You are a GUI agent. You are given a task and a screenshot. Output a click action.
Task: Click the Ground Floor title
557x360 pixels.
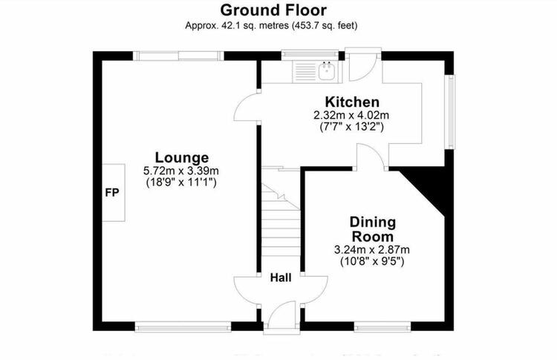click(x=273, y=10)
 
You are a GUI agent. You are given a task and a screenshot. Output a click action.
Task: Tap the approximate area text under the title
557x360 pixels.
click(x=271, y=25)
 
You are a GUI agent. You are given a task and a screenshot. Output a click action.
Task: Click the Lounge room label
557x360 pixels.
click(x=181, y=157)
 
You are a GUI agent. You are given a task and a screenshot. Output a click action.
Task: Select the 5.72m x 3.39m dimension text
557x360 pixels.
click(x=181, y=171)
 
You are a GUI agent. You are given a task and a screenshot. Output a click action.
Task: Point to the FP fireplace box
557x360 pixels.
click(x=114, y=192)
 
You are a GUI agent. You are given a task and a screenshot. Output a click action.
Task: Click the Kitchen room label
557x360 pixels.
click(x=352, y=102)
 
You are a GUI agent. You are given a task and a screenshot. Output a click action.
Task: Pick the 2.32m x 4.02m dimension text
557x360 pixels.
click(x=351, y=115)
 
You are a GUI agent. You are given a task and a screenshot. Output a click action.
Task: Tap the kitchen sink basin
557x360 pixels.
click(x=327, y=72)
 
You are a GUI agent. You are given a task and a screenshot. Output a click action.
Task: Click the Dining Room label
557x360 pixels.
click(x=372, y=229)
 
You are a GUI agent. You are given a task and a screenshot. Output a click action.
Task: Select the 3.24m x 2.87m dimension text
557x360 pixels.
click(x=371, y=249)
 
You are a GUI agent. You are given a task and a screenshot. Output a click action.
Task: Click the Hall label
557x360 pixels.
click(x=281, y=278)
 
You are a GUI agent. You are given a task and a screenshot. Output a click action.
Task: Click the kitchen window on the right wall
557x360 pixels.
click(x=451, y=112)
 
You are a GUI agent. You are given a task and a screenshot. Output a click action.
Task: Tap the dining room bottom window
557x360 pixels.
click(x=382, y=327)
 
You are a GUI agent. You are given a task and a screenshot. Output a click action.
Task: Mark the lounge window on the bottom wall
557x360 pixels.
click(x=183, y=327)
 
